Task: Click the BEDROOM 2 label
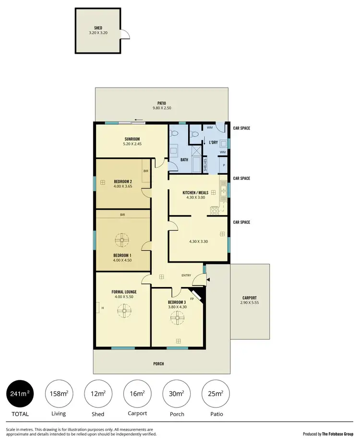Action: [123, 181]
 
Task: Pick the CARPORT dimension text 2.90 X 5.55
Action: [250, 303]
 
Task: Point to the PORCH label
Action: [158, 364]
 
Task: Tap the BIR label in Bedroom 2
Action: [146, 170]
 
